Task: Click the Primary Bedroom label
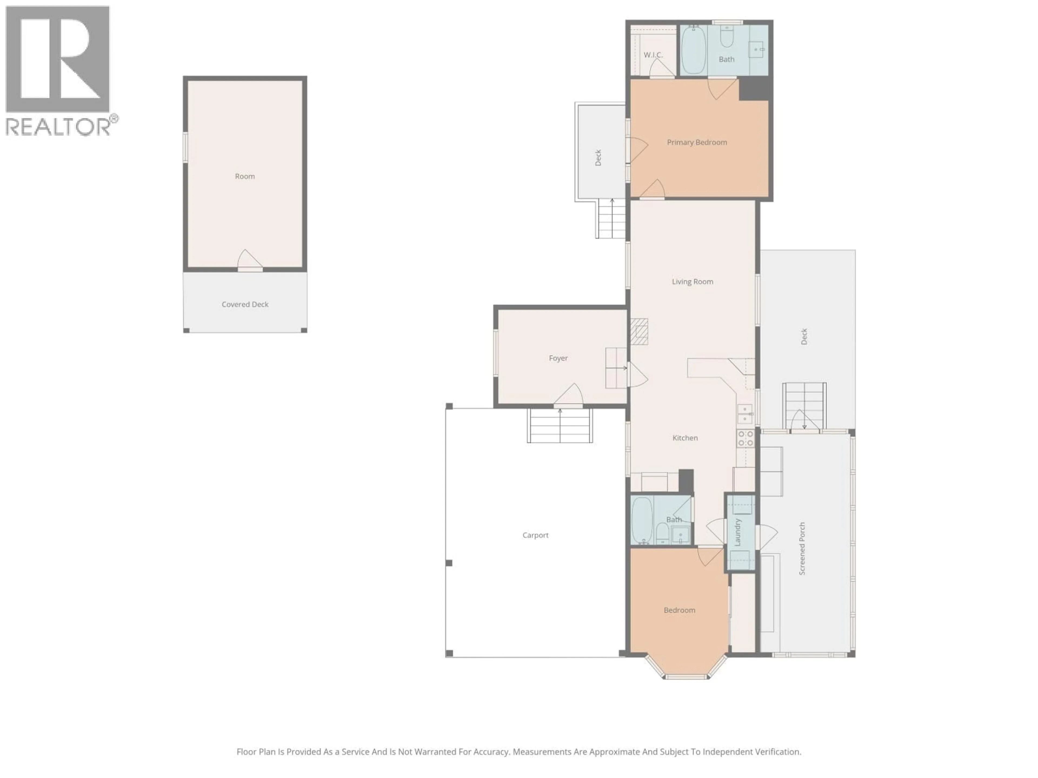point(697,142)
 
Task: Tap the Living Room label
point(692,281)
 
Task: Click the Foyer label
point(558,358)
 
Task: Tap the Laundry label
point(737,532)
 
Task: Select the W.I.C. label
point(653,55)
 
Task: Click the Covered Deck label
point(245,304)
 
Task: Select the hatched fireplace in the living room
point(639,331)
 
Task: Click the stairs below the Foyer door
point(559,426)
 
